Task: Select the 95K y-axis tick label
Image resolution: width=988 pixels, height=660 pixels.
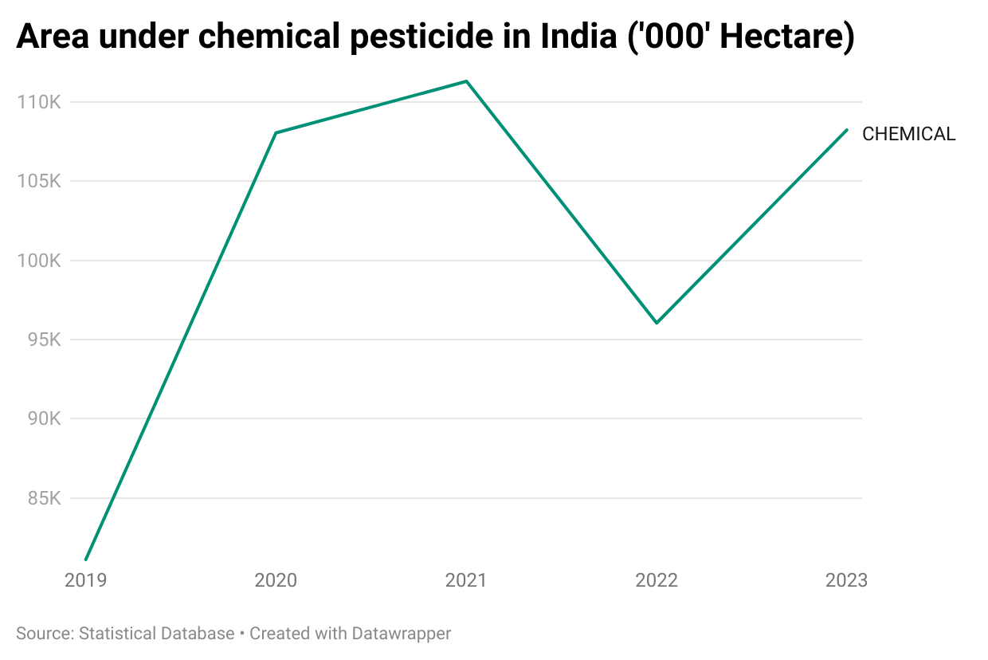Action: tap(44, 340)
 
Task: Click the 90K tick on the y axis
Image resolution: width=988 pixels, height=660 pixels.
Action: tap(44, 419)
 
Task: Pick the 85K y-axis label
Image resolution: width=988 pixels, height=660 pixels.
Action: tap(44, 499)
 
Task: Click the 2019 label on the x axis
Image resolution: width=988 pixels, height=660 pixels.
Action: tap(85, 580)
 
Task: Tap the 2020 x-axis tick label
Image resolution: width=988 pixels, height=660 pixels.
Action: tap(276, 580)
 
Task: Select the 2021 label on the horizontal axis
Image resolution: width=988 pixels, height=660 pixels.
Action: tap(466, 580)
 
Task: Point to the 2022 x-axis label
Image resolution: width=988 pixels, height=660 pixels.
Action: tap(657, 580)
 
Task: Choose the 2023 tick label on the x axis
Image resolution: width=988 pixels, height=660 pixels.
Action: tap(846, 580)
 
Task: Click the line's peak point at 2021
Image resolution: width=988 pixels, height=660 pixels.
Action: tap(466, 81)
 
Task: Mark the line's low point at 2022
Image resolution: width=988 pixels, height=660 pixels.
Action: tap(657, 323)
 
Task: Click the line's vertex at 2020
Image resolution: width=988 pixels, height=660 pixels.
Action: tap(276, 132)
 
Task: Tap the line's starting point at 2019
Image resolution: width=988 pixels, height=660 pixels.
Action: tap(85, 560)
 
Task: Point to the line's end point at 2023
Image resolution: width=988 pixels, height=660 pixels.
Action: tap(847, 129)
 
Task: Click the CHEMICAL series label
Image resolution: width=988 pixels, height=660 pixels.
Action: tap(908, 134)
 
